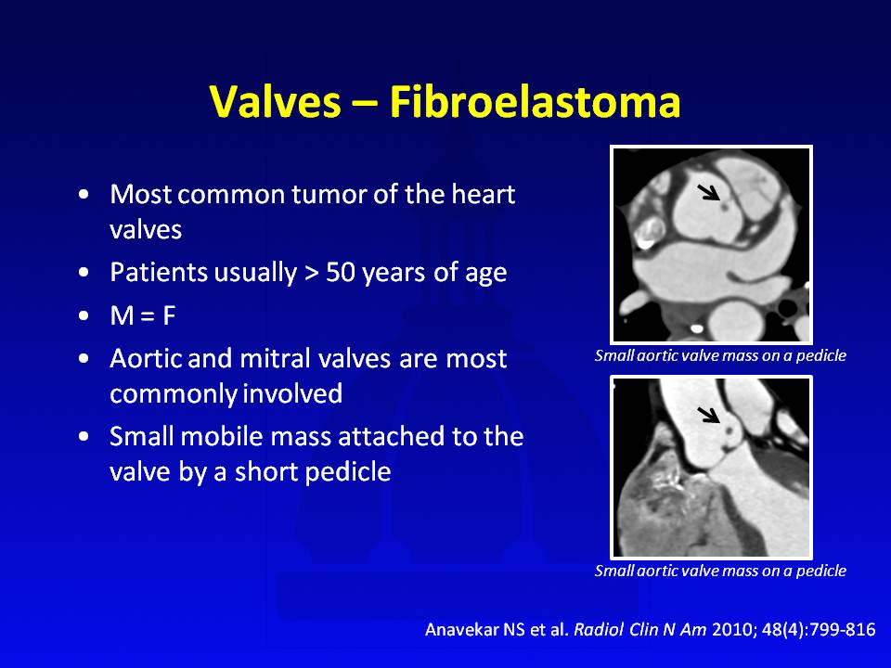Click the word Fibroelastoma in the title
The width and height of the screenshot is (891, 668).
click(535, 102)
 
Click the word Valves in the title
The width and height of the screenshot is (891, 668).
click(275, 102)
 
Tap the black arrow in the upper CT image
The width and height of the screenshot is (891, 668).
click(708, 193)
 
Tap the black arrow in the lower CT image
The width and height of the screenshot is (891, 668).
click(708, 415)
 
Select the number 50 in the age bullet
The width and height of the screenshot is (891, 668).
click(341, 273)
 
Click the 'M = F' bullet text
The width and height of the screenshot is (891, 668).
click(143, 315)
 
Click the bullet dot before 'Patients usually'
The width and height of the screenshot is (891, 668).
click(84, 273)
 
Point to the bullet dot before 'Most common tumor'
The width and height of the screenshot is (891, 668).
click(84, 194)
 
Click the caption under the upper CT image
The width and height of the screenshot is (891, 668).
click(720, 355)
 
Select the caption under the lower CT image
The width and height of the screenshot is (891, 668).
click(720, 571)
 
